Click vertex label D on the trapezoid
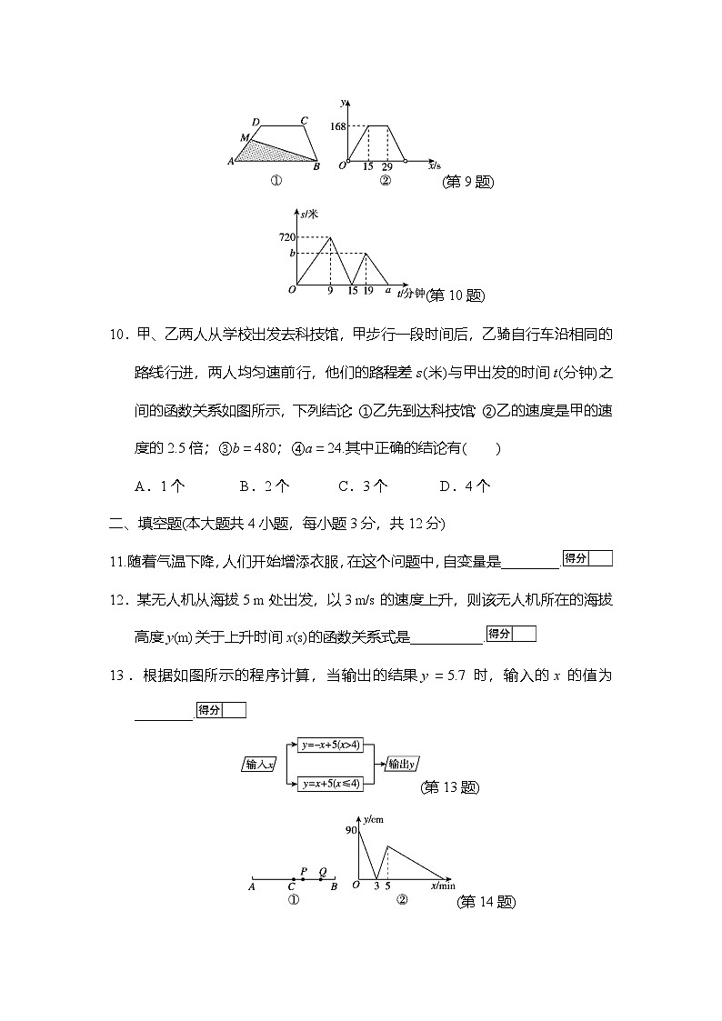pos(256,123)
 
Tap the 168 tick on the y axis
pos(338,126)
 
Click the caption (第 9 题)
pos(467,182)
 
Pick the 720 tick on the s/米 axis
pos(288,237)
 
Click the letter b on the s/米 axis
pos(292,253)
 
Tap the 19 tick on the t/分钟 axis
pos(367,291)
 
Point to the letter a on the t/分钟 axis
pos(387,290)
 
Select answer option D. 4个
pos(465,485)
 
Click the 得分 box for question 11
pos(587,558)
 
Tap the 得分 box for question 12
pos(511,634)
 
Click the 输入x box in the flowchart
pos(260,765)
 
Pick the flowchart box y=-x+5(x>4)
pos(331,746)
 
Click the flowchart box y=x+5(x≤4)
pos(331,783)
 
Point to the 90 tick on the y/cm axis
pos(350,830)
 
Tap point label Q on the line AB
pos(322,870)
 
